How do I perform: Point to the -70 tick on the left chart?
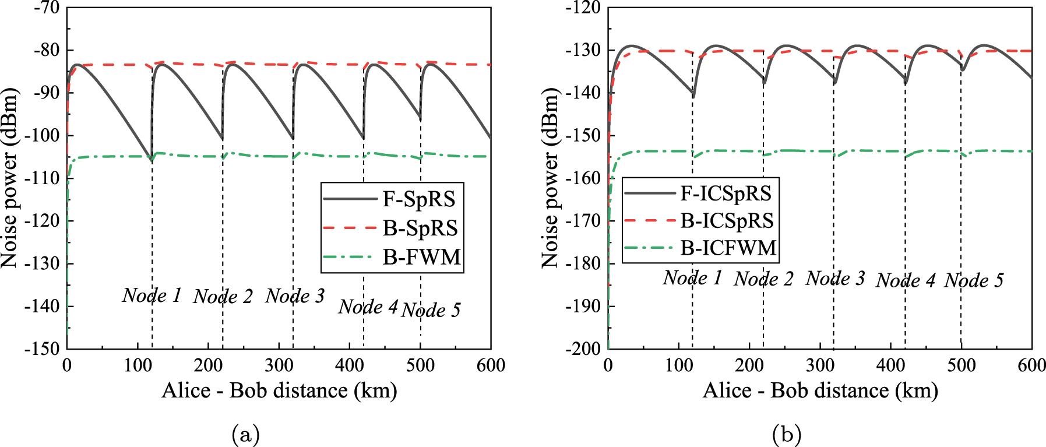[47, 8]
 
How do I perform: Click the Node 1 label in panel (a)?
[152, 295]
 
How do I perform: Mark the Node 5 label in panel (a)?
[431, 310]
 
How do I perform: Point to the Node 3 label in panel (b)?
[835, 279]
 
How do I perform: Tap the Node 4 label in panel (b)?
[905, 281]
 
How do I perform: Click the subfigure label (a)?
[245, 435]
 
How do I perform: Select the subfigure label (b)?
[787, 435]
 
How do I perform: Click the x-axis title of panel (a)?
[279, 390]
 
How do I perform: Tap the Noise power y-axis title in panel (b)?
[550, 178]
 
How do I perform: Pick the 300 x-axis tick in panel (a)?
[279, 366]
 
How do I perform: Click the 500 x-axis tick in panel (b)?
[961, 366]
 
